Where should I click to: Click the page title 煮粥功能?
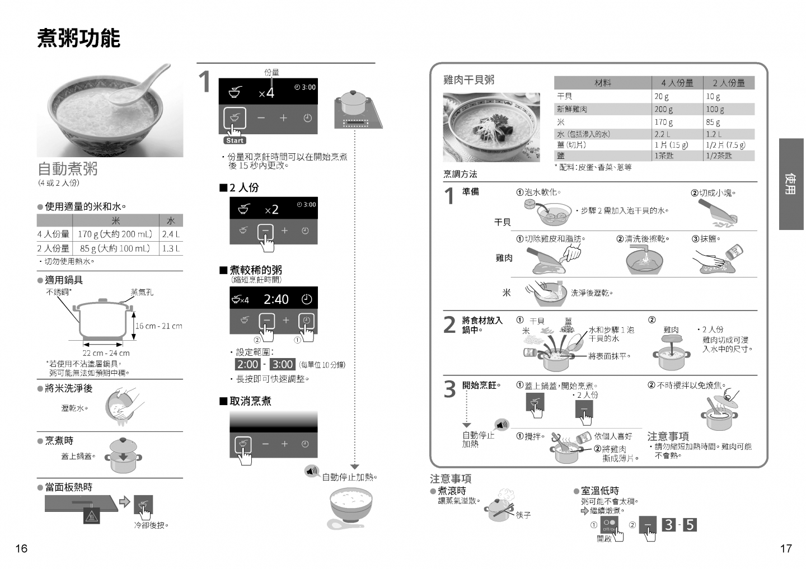[79, 38]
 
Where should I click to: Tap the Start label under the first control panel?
[235, 140]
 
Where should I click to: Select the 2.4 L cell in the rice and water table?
[171, 234]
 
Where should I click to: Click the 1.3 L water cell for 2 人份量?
[171, 248]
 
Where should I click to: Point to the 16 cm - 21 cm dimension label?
[159, 326]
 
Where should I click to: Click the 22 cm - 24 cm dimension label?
[106, 353]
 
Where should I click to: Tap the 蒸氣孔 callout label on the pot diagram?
[142, 293]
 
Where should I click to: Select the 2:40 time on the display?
[276, 299]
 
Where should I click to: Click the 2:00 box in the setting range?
[247, 364]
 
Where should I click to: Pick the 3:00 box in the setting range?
[283, 364]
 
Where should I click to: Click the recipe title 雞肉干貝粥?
[469, 80]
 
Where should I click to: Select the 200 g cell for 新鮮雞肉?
[663, 109]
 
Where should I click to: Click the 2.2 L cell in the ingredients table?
[663, 134]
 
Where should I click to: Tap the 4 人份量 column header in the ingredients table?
[677, 83]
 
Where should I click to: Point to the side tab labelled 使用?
[790, 184]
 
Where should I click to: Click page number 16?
[21, 548]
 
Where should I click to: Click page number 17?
[786, 548]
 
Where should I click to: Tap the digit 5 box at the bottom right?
[690, 525]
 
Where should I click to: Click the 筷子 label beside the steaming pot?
[523, 515]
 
